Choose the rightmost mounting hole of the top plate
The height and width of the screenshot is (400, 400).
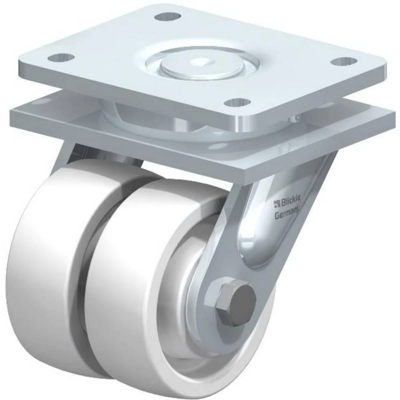point(345,61)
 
